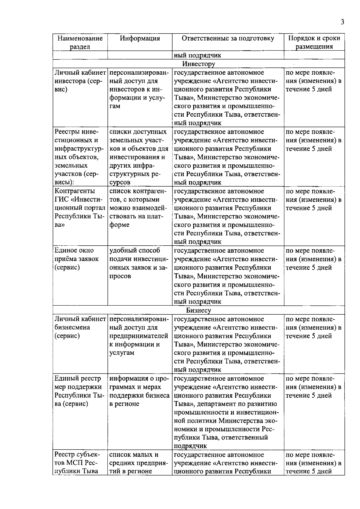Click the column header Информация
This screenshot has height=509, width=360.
tap(140, 38)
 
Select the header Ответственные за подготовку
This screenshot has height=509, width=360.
tap(228, 38)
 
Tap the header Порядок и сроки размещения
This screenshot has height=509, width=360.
tap(314, 42)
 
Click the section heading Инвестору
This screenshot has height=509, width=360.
tap(199, 64)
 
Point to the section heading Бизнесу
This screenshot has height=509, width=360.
tap(199, 310)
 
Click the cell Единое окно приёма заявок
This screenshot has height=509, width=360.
tap(76, 259)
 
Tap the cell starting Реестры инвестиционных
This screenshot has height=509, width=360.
tap(79, 157)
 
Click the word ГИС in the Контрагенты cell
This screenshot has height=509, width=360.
tap(61, 200)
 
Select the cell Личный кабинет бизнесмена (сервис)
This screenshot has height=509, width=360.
tap(80, 327)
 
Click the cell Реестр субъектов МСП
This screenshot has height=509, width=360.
tap(77, 463)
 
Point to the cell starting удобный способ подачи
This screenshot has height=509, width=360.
tap(139, 263)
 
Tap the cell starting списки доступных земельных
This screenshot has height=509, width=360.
tap(139, 157)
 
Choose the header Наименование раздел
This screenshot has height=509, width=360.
tap(80, 42)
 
